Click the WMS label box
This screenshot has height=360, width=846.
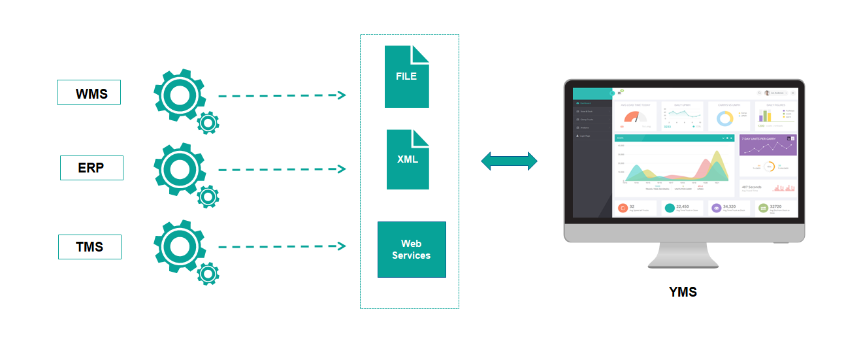(x=89, y=93)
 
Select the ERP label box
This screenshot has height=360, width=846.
(x=91, y=168)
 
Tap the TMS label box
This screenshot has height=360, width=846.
(x=89, y=247)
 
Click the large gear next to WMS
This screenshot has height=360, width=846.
(x=175, y=94)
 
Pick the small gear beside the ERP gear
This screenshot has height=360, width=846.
(x=208, y=195)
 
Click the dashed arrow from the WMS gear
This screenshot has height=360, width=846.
(x=281, y=95)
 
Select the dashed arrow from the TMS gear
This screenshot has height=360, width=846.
(x=281, y=246)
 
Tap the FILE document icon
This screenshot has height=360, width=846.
(x=406, y=76)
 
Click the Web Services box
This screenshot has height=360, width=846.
(x=412, y=250)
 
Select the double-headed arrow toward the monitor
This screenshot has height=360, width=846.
(x=509, y=161)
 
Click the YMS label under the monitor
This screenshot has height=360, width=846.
(x=683, y=292)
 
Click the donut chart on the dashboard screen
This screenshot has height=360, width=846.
(x=724, y=118)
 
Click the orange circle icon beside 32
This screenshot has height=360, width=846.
(x=623, y=208)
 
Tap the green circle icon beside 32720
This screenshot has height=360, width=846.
(x=763, y=208)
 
